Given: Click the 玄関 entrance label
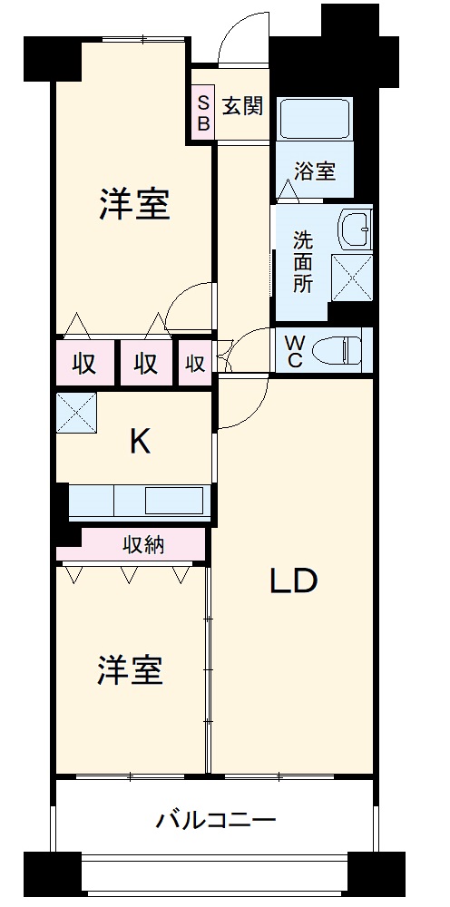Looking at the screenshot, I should point(242,106).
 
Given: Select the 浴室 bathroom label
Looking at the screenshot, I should point(315,170).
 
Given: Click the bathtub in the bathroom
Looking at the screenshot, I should point(314,120).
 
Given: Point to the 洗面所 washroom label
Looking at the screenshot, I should point(302,261).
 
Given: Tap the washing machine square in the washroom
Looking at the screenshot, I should point(351,277).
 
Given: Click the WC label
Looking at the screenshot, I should point(296,350).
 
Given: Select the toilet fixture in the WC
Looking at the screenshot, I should point(340,348).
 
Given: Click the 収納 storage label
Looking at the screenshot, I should point(143,546).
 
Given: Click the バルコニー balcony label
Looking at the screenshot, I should point(215,822).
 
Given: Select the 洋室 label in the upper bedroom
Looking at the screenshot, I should point(134,205).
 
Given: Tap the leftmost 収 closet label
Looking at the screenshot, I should point(85,363).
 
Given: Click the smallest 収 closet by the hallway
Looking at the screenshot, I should point(195,363).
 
